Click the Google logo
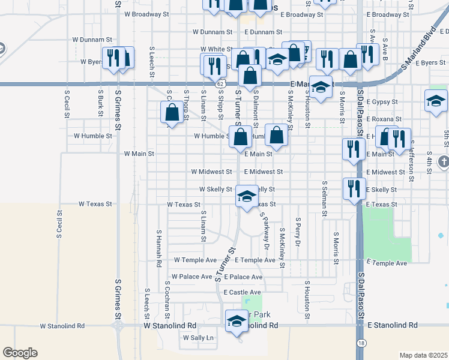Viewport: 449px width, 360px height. pos(20,353)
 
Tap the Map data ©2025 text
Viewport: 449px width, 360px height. pos(423,355)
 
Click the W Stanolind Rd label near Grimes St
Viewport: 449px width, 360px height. pos(62,326)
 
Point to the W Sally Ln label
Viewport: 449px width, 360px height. pos(197,338)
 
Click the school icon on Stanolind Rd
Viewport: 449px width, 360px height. pos(237,321)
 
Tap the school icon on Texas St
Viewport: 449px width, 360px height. pos(247,196)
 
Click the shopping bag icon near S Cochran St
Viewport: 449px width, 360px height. pos(172,112)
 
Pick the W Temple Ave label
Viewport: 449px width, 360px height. pos(195,260)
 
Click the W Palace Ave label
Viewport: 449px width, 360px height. pos(191,277)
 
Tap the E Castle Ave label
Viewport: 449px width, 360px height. pos(243,292)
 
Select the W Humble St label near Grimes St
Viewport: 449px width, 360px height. pos(93,136)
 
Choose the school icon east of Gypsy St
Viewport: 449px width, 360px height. pos(436,101)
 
